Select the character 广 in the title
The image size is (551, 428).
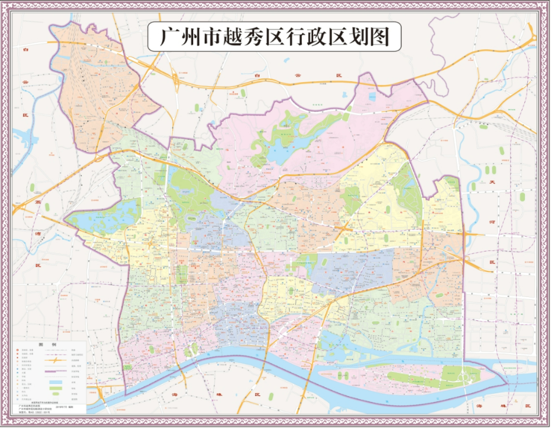click(x=161, y=37)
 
